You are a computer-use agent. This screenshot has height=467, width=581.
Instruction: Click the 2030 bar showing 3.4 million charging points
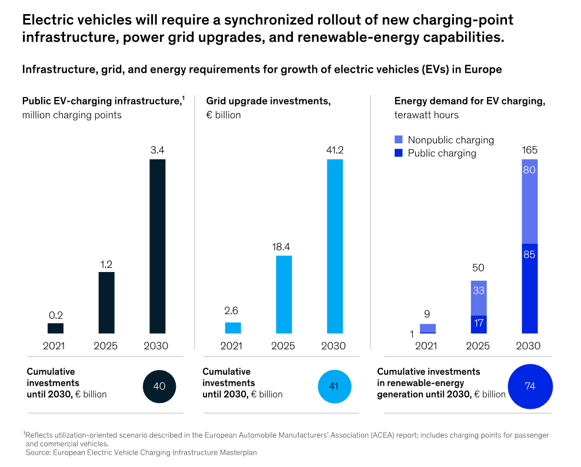click(x=157, y=247)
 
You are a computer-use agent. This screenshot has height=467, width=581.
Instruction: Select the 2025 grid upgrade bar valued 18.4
click(x=283, y=294)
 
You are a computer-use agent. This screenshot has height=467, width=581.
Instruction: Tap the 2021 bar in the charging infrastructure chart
click(x=55, y=328)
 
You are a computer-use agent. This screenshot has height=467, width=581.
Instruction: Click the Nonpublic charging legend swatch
click(x=398, y=140)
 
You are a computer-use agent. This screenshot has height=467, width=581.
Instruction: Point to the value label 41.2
click(x=334, y=150)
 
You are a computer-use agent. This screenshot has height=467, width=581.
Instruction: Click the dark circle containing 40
click(x=159, y=387)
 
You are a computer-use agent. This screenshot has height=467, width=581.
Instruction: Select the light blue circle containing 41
click(x=334, y=387)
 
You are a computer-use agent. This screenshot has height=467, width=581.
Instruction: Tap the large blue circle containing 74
click(x=530, y=387)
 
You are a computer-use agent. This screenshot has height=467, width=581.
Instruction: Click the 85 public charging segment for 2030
click(x=529, y=288)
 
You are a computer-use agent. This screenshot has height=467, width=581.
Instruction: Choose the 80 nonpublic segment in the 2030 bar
click(x=529, y=201)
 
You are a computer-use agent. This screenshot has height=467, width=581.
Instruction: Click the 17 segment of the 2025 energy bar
click(x=478, y=324)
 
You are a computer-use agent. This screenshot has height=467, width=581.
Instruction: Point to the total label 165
click(x=529, y=150)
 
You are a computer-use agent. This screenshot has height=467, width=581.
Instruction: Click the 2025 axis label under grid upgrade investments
click(x=283, y=346)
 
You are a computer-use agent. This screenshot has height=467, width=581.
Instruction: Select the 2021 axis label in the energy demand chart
click(x=428, y=346)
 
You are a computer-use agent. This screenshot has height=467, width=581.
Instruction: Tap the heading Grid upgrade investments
click(x=268, y=101)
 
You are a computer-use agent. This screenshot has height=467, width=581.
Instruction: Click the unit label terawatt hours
click(x=426, y=115)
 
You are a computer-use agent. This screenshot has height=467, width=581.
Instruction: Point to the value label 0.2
click(x=55, y=315)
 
